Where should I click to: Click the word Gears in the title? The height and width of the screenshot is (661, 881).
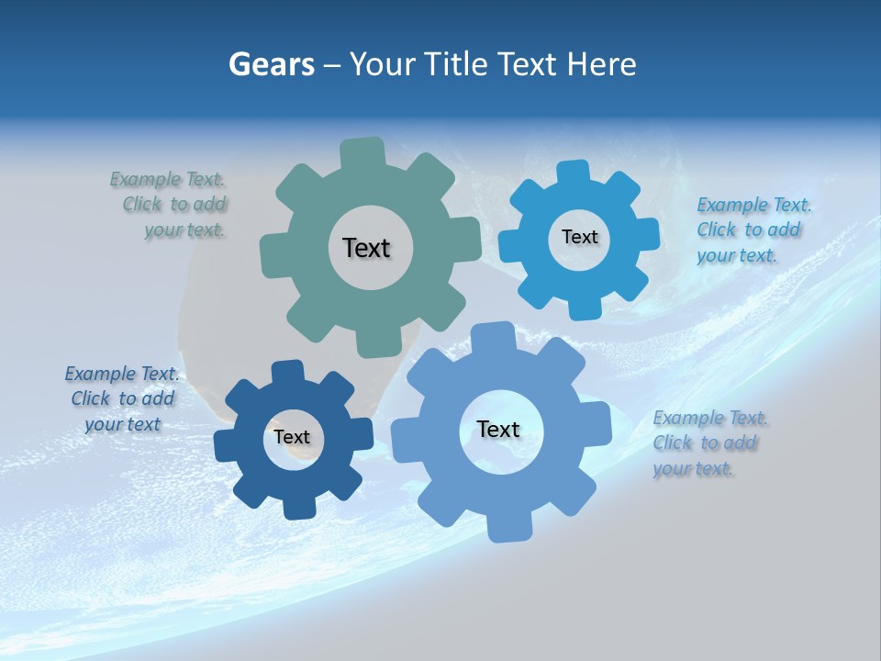click(271, 64)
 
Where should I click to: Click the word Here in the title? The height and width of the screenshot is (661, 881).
click(601, 64)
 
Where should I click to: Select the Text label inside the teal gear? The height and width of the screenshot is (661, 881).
click(366, 248)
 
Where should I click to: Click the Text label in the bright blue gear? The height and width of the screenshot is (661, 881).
click(579, 237)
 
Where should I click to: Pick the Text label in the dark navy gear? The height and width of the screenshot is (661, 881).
click(292, 437)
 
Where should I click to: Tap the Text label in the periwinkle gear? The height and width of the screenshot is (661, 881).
click(498, 429)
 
